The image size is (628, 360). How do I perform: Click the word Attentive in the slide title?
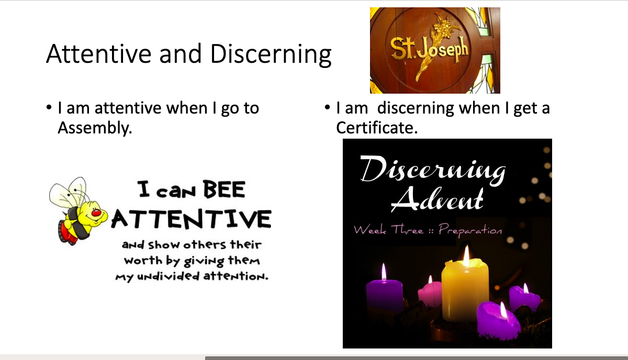[99, 53]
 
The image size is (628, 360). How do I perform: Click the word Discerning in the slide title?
[271, 55]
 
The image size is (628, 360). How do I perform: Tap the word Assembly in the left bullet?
[95, 128]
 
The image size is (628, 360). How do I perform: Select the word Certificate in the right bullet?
[377, 128]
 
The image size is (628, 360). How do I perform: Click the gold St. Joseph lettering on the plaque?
[429, 50]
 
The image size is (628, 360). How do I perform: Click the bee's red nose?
[96, 213]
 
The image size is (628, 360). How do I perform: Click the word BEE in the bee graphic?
[225, 189]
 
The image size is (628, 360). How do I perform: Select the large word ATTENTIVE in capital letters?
[192, 219]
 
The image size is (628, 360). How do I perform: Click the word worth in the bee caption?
[143, 261]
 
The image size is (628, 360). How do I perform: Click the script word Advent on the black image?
[438, 199]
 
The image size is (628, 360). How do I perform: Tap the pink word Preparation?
[470, 230]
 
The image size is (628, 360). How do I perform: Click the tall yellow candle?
[465, 290]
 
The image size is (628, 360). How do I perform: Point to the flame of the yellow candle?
[466, 256]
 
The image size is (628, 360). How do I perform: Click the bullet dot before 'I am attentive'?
[49, 108]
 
